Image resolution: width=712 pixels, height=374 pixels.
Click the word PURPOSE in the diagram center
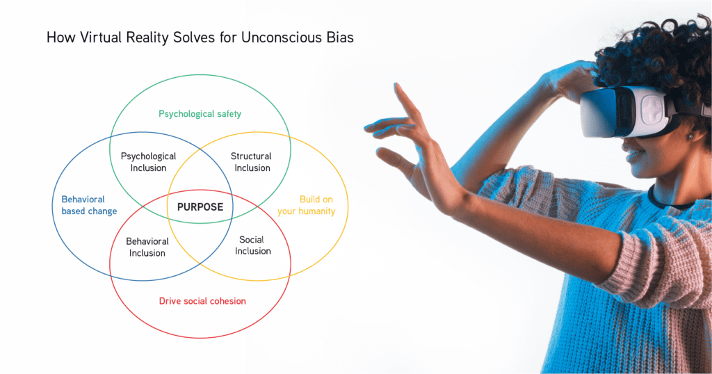(x=200, y=207)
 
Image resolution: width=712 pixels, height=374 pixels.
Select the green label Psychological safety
(x=200, y=114)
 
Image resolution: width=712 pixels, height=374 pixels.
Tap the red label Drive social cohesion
(x=202, y=301)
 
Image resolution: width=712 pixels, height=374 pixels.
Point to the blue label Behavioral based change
(x=89, y=205)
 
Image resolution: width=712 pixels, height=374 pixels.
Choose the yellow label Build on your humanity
(x=307, y=205)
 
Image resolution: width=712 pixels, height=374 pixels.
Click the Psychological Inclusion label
(x=149, y=162)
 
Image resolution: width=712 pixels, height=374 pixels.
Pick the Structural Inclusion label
(x=251, y=162)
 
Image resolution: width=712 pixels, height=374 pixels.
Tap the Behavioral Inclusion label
(x=147, y=247)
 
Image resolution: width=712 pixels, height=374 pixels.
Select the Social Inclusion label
(x=252, y=245)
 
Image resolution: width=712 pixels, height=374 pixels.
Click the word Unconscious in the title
(x=282, y=38)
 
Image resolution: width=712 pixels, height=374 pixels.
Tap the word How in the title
(x=61, y=38)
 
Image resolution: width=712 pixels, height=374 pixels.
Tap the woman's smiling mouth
(x=633, y=156)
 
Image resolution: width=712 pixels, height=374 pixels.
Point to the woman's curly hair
(x=658, y=54)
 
